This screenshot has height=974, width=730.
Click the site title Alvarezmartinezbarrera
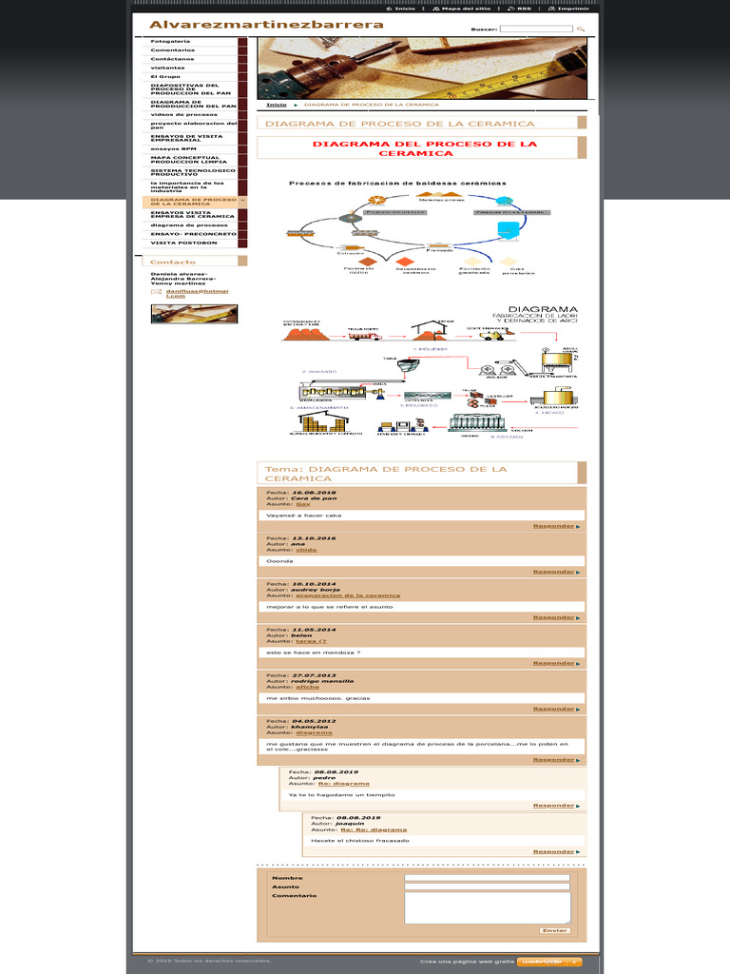point(266,25)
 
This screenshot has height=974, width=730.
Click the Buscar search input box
point(535,29)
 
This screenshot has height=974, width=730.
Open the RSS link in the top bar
point(524,9)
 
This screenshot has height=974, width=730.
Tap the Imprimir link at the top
point(573,9)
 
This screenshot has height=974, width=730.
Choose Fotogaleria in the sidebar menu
point(171,42)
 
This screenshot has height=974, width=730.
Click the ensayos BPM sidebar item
point(173,148)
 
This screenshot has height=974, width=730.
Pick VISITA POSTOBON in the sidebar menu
point(183,243)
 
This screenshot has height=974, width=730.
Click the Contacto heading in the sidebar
point(173,262)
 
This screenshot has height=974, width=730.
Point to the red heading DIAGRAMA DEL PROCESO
point(425,148)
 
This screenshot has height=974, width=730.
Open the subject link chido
point(306,550)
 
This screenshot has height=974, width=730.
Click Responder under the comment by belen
point(553,663)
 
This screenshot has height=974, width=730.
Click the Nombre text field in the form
point(487,878)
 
